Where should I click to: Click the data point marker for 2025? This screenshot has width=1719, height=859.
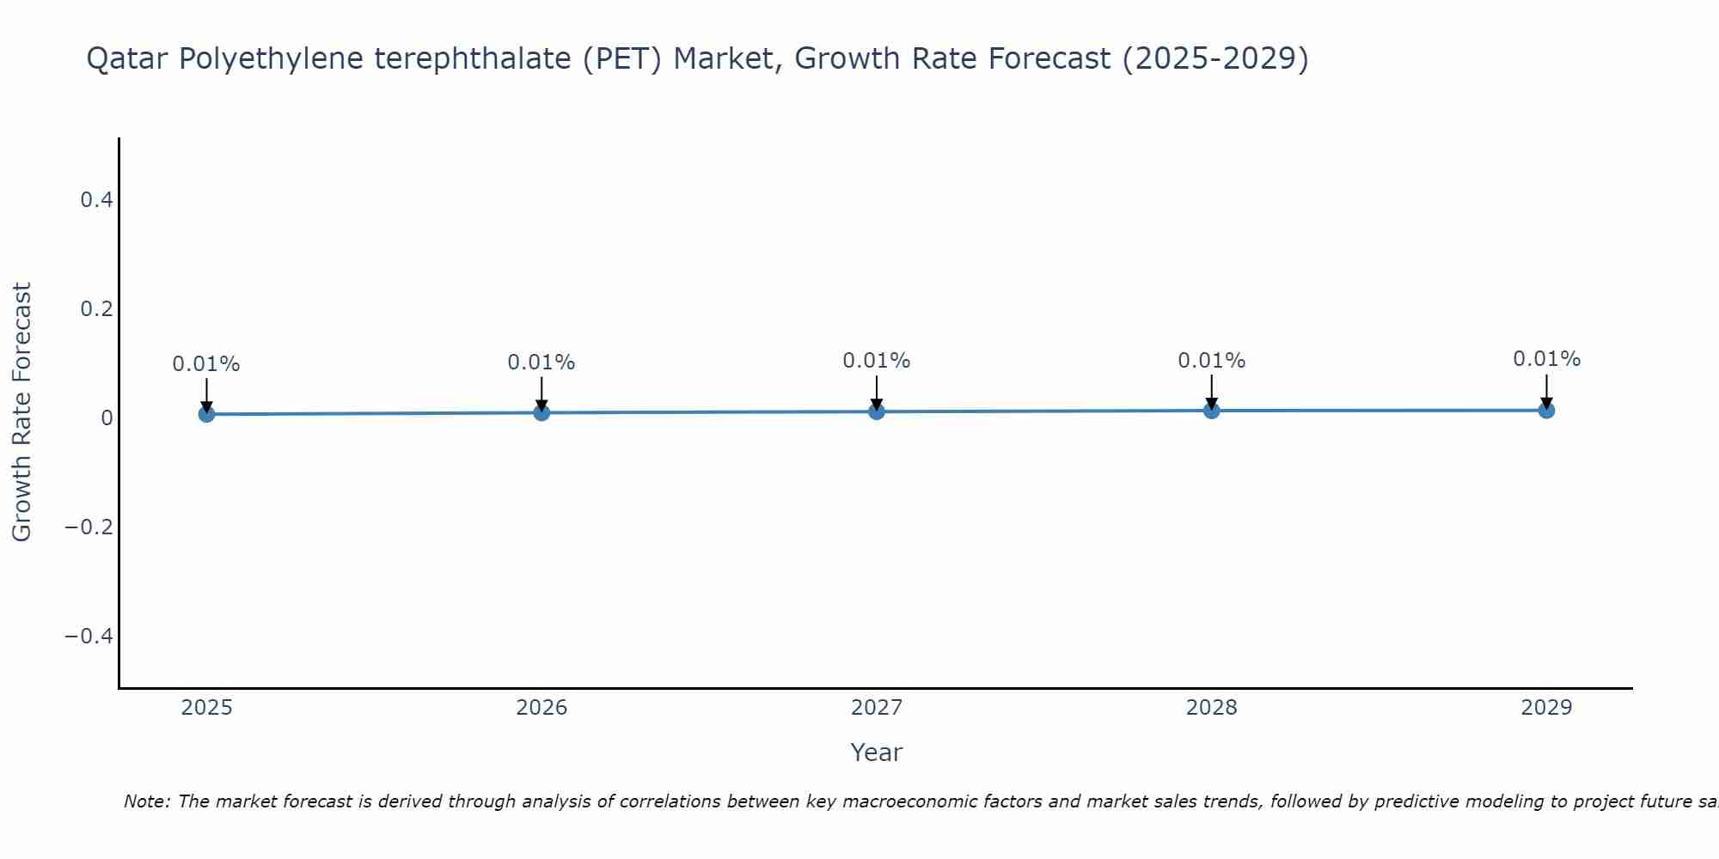[206, 414]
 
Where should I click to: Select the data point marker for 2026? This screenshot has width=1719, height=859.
[541, 412]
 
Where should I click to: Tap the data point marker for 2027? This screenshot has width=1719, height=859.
[877, 411]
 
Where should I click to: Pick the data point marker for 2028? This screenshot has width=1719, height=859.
[1212, 411]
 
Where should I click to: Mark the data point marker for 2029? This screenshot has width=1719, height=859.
[1546, 410]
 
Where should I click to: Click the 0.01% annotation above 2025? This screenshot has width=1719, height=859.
[206, 364]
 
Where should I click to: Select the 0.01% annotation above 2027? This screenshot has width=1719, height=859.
[877, 361]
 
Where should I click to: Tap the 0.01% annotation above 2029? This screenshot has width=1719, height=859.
[1546, 359]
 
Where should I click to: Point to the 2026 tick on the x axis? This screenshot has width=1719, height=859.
[541, 708]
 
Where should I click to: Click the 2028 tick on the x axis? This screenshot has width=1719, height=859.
[1212, 708]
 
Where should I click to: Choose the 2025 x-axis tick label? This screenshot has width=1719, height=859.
[206, 708]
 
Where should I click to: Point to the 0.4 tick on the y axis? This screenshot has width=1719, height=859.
[96, 200]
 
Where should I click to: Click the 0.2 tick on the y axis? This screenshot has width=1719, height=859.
[96, 308]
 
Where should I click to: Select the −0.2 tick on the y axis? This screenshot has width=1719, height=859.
[89, 527]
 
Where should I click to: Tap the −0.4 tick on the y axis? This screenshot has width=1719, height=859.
[89, 636]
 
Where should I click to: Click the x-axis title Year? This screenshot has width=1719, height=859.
[876, 752]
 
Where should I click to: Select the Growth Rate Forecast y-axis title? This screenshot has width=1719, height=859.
[21, 411]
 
